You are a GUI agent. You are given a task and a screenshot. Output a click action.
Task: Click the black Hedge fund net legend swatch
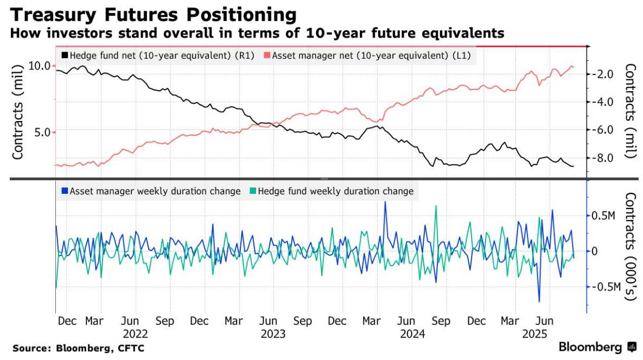pyautogui.click(x=65, y=55)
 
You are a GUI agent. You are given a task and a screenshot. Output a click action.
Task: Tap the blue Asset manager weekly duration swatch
pyautogui.click(x=65, y=191)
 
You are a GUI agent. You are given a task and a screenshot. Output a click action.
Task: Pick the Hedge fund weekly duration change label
pyautogui.click(x=335, y=191)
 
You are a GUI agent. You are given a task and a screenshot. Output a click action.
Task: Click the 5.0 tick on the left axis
pyautogui.click(x=42, y=132)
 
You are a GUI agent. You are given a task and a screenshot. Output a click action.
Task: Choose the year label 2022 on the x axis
pyautogui.click(x=135, y=333)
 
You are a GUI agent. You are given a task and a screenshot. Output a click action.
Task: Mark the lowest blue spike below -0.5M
pyautogui.click(x=539, y=301)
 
